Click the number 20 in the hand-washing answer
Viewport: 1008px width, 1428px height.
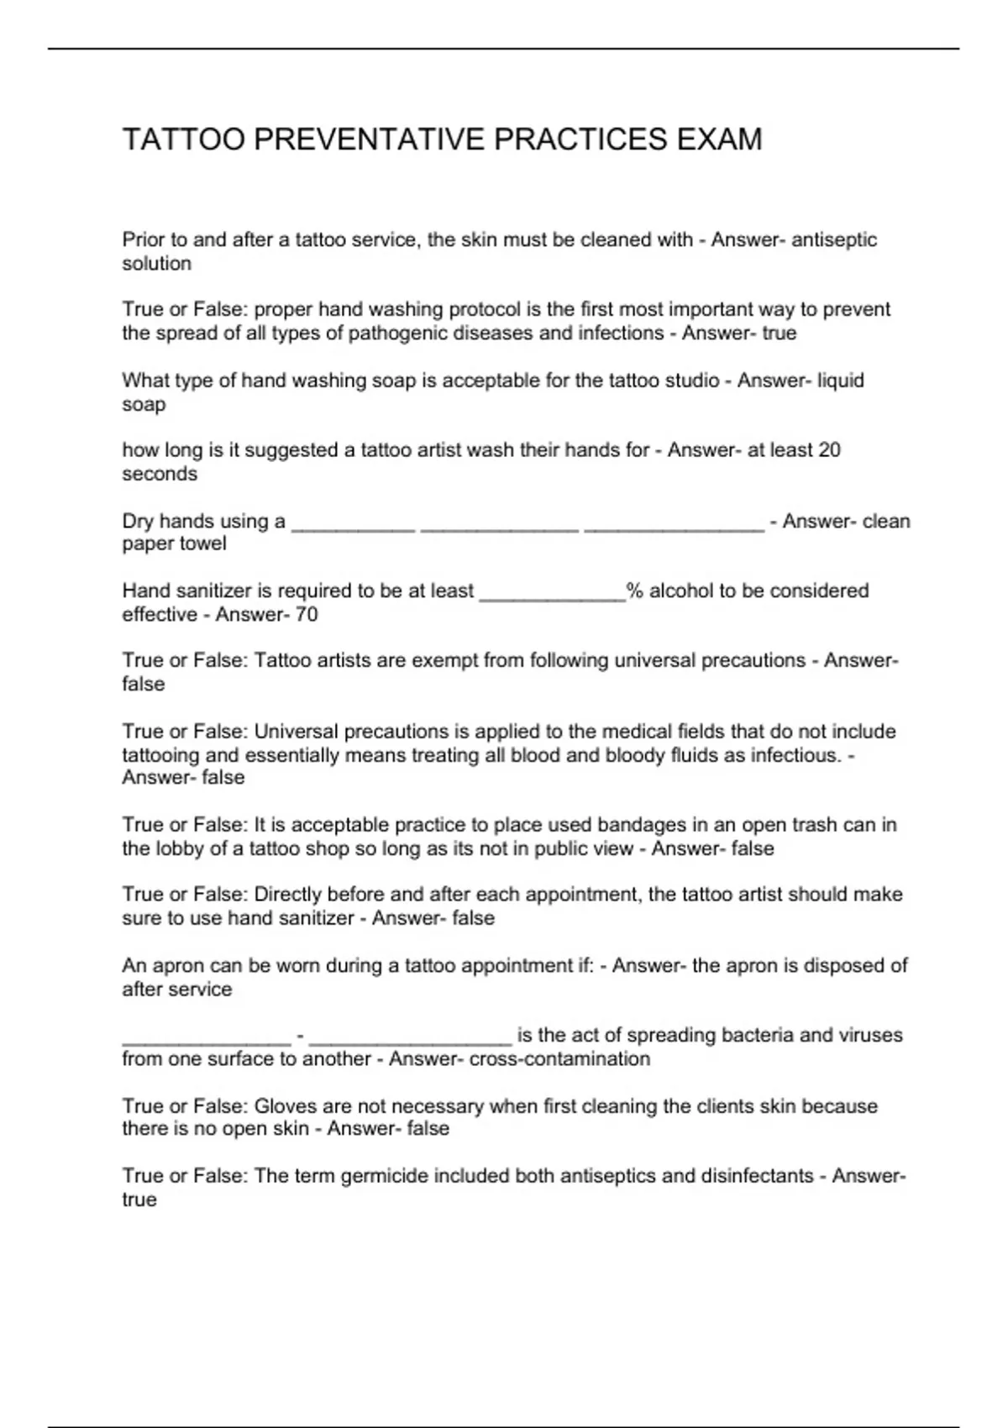pos(828,450)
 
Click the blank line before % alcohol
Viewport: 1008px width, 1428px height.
pos(551,592)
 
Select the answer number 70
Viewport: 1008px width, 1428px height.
pos(307,615)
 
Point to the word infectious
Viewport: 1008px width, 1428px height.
pos(795,755)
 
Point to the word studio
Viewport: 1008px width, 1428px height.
pos(689,381)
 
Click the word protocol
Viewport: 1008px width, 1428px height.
pos(479,310)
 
